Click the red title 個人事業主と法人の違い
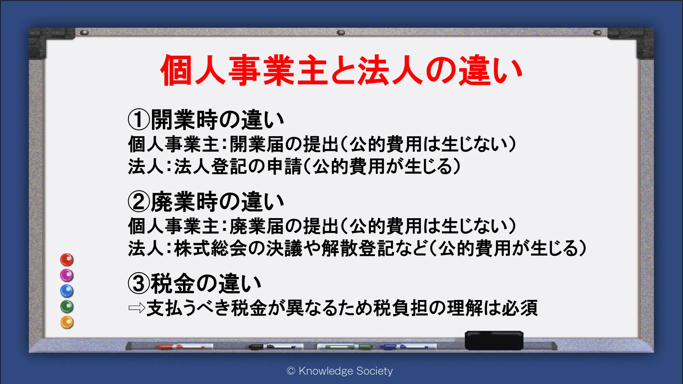(x=341, y=70)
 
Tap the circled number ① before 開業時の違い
(x=139, y=119)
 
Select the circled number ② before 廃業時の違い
(x=139, y=201)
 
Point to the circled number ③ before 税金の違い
(x=139, y=283)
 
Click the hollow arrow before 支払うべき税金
(x=137, y=308)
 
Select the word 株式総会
(x=211, y=248)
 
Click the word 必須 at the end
(x=519, y=308)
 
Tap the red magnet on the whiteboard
(x=67, y=260)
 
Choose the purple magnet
(x=67, y=275)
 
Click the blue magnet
(x=67, y=291)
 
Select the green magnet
(x=67, y=307)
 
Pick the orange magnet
(x=67, y=322)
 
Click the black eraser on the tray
(x=494, y=340)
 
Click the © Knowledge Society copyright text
(x=340, y=371)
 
